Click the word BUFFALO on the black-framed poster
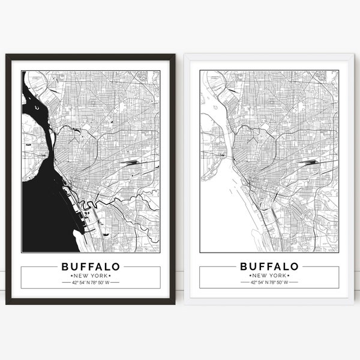tap(91, 266)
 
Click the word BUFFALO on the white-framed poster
tap(269, 266)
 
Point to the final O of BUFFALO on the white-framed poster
tap(295, 266)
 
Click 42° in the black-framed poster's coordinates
tap(75, 282)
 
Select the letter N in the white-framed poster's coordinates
tap(268, 282)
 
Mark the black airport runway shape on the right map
tap(310, 161)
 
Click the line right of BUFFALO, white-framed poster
tap(319, 266)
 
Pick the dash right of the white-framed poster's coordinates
tap(294, 282)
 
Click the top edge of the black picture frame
tap(91, 56)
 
